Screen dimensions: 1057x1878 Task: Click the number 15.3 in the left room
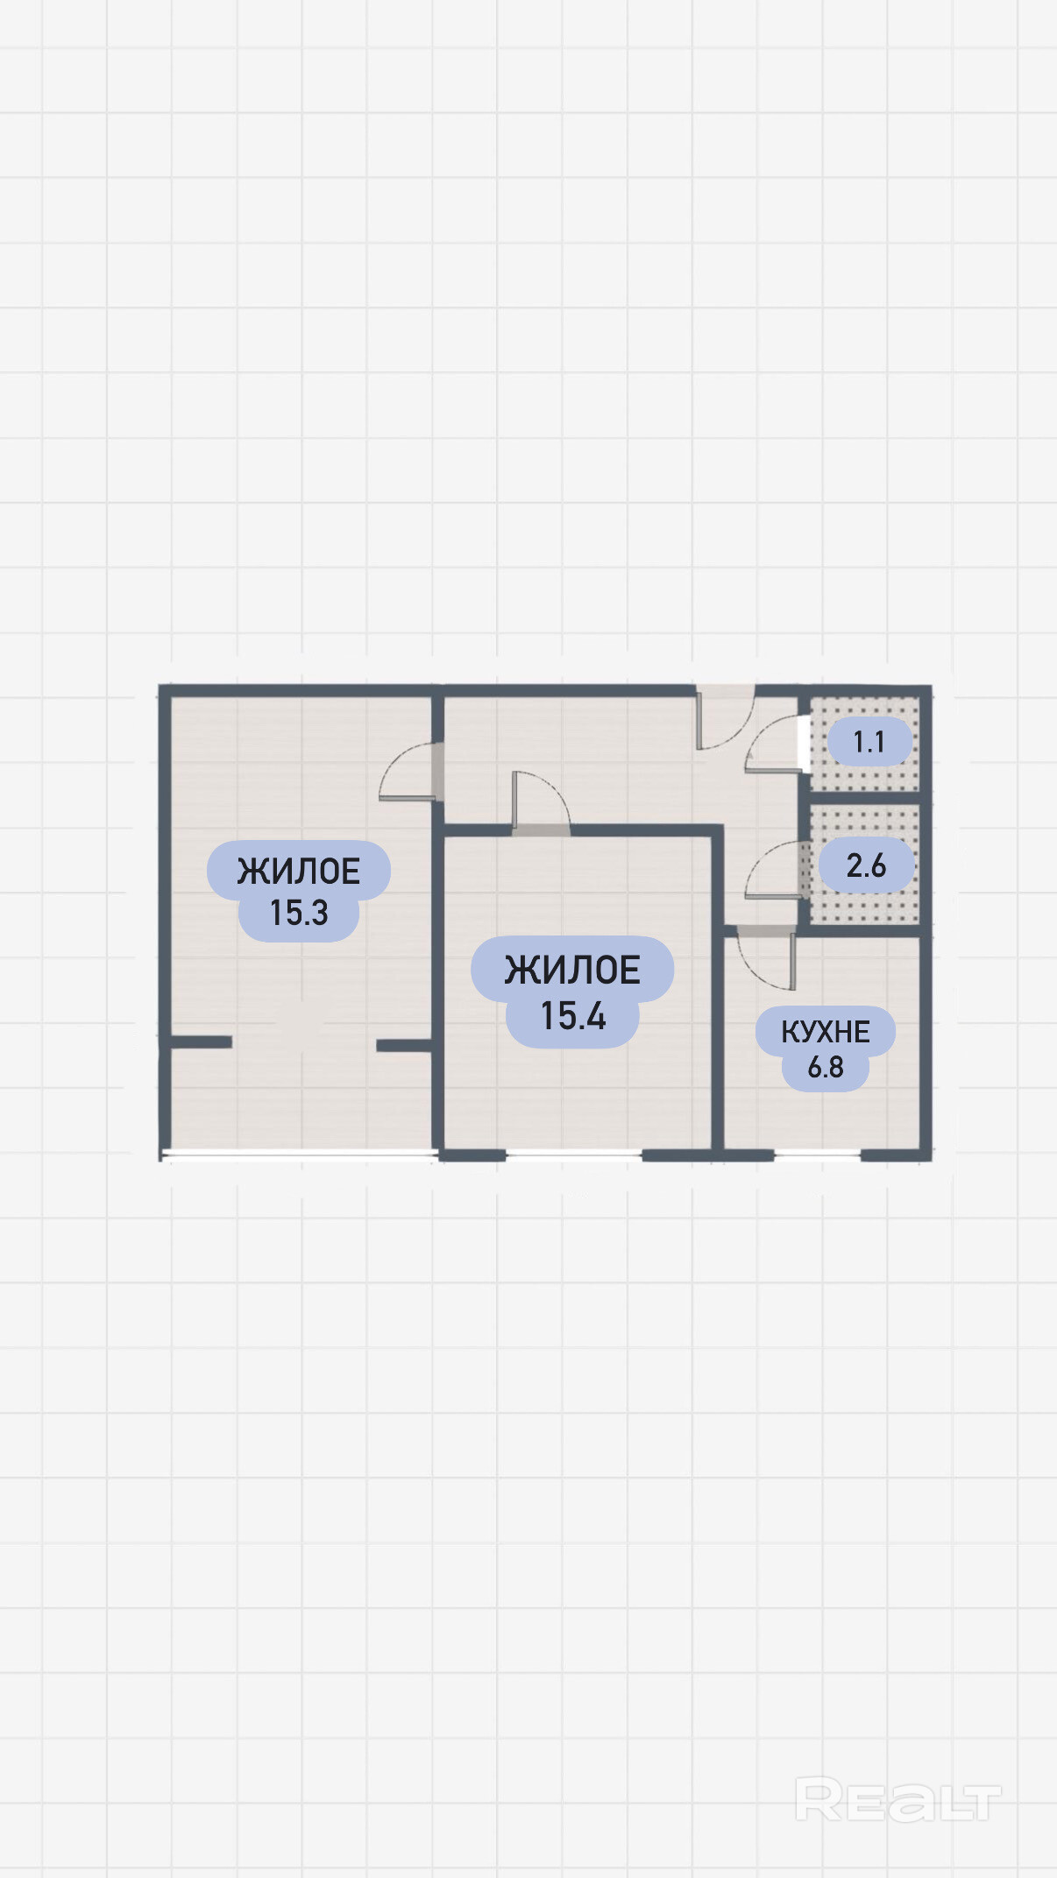299,913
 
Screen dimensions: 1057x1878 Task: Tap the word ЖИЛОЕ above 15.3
299,872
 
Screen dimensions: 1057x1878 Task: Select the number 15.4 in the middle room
573,1016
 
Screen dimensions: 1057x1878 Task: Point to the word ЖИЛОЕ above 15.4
572,971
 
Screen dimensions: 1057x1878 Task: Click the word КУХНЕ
826,1032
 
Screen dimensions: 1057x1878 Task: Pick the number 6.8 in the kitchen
826,1068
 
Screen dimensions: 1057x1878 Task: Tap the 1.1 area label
869,743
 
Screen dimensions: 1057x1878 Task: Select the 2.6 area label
867,865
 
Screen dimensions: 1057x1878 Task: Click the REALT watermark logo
897,1801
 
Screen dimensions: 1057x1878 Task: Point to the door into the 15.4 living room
539,799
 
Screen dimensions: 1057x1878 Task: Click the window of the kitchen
817,1155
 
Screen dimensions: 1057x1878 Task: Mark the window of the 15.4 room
574,1155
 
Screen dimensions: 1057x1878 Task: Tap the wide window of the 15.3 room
300,1155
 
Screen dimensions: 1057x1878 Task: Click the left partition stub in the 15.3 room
201,1041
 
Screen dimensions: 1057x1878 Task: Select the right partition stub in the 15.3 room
404,1045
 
